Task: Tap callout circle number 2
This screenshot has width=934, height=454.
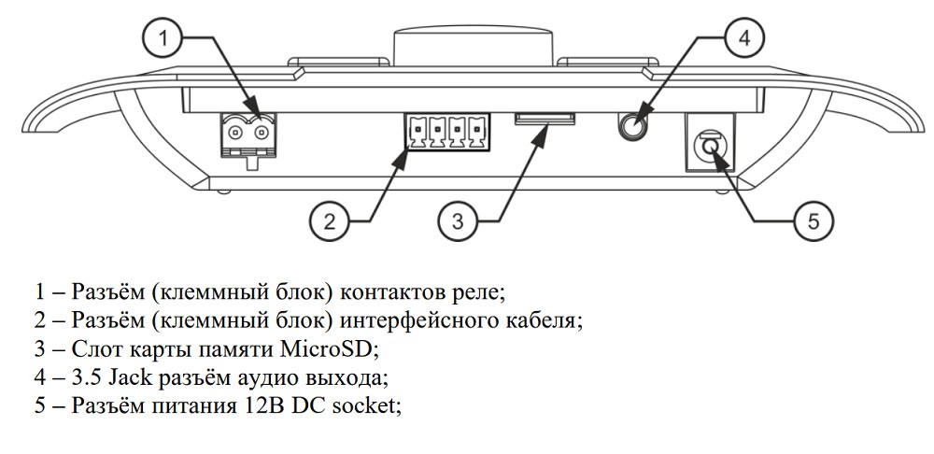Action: [329, 221]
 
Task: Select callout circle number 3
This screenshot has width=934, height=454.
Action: [457, 221]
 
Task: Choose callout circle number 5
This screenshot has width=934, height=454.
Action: [813, 221]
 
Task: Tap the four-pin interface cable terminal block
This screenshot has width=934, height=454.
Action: [446, 132]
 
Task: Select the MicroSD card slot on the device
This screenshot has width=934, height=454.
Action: [545, 119]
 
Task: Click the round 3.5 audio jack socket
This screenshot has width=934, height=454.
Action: [638, 125]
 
